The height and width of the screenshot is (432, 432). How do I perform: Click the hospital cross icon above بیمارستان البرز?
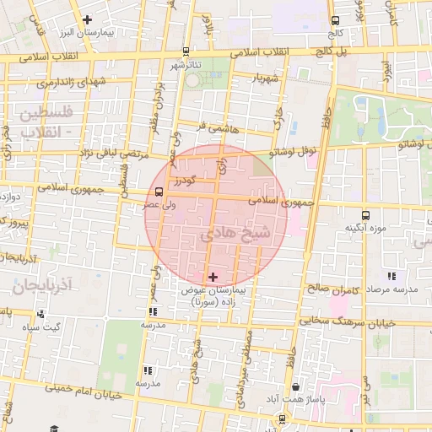tap(87, 19)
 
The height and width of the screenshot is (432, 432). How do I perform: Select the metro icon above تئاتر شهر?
tap(186, 51)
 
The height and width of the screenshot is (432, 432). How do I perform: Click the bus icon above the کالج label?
tap(335, 20)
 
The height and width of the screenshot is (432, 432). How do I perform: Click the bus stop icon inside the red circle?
tap(159, 191)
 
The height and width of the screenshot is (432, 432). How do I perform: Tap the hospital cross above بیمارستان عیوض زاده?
tap(212, 276)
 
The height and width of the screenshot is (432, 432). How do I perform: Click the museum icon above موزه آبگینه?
tap(365, 215)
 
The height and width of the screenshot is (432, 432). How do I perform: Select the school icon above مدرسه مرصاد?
tap(391, 276)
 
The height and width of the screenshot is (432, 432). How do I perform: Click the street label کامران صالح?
tap(338, 288)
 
